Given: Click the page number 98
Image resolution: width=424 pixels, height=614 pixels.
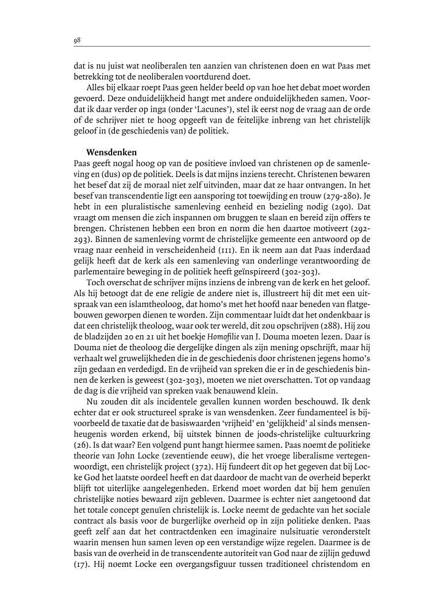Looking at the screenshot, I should click(76, 40).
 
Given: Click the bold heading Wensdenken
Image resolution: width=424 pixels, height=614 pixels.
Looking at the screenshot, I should click(108, 152).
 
